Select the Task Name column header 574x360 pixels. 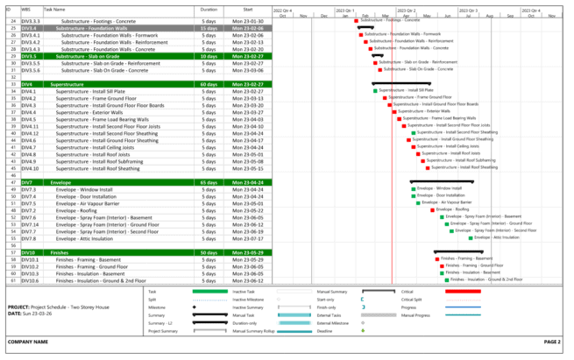click(x=53, y=9)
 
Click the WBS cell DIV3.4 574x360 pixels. click(x=32, y=28)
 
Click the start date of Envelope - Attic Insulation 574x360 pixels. click(x=247, y=237)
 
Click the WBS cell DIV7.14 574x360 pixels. click(x=32, y=223)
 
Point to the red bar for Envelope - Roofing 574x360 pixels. click(x=432, y=210)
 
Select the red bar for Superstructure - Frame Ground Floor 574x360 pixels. click(x=385, y=98)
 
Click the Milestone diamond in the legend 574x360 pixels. click(x=192, y=307)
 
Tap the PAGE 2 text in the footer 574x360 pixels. click(x=551, y=342)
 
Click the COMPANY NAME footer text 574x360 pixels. click(x=26, y=342)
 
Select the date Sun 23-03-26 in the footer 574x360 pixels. click(x=38, y=314)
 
